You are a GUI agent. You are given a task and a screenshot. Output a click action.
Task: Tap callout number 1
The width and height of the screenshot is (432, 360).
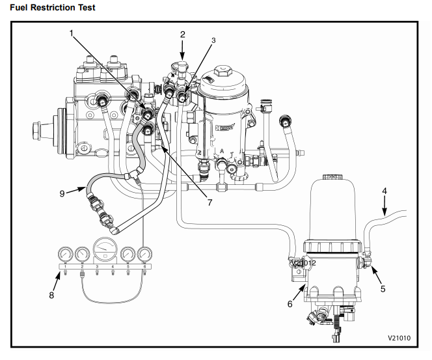(x=71, y=31)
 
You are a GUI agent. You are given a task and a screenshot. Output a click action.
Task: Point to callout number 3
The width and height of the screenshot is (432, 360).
(x=213, y=40)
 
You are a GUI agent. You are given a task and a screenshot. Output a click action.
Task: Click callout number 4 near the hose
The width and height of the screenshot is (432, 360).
(x=384, y=191)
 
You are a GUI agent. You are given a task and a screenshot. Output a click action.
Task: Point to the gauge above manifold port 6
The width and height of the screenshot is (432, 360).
(x=144, y=255)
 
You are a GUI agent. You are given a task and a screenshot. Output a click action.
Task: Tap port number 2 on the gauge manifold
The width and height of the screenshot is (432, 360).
(x=83, y=267)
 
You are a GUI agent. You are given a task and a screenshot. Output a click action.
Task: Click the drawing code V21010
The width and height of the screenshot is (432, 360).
(x=401, y=339)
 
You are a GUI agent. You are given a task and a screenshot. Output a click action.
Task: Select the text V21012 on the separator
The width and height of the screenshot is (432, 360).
(x=304, y=263)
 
